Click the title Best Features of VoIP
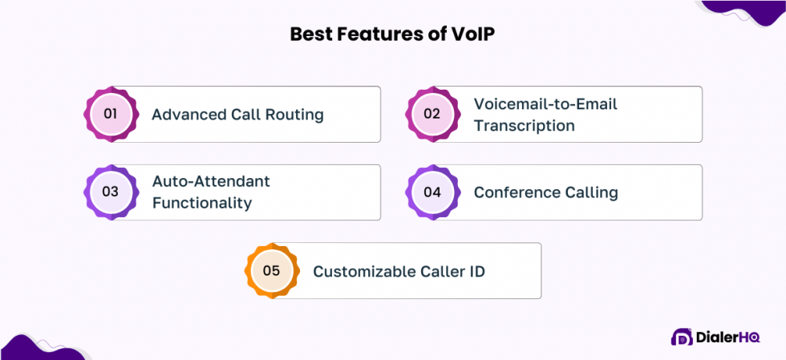pos(392,34)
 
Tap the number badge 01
pos(111,114)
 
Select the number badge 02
pos(432,114)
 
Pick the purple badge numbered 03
pos(111,192)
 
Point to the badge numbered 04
pos(432,192)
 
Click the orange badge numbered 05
pos(272,271)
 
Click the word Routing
pos(292,115)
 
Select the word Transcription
pos(524,126)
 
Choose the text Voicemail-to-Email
pos(545,104)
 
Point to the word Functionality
pos(201,204)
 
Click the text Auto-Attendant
pos(211,182)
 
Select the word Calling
pos(590,192)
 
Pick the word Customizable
pos(364,272)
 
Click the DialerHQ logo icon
pos(681,338)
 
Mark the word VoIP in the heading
pos(475,34)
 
